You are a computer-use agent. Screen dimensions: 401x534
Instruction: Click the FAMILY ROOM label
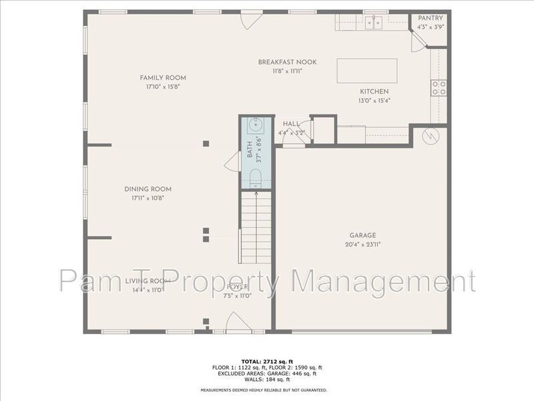[163, 78]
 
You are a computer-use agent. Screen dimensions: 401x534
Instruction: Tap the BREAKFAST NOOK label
[287, 62]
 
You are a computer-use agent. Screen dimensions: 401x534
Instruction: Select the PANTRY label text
[430, 18]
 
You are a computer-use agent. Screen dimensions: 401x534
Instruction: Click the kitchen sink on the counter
[374, 23]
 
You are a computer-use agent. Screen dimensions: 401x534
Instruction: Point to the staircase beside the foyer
[256, 227]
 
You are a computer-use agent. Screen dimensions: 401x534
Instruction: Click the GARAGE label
[363, 235]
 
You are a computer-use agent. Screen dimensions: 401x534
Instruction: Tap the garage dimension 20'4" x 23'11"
[363, 244]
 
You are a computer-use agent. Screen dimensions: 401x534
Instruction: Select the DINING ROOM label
[152, 189]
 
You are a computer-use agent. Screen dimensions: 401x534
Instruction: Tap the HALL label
[291, 124]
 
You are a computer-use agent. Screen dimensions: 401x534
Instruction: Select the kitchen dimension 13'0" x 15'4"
[374, 100]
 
